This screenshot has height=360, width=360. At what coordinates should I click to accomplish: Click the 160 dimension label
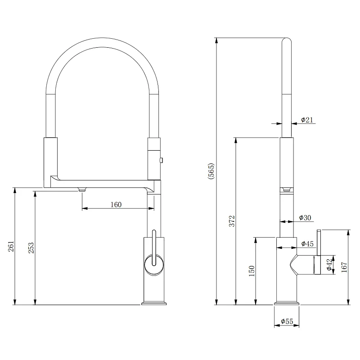pos(116,204)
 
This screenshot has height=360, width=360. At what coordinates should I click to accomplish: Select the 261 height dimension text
pos(11,246)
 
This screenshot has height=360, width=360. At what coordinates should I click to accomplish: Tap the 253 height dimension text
pos(31,248)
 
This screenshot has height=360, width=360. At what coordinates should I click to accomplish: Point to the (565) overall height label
pos(211,171)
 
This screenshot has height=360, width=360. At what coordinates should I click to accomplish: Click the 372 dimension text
pos(232,221)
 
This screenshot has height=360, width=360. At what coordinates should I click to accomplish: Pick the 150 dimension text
pos(252,271)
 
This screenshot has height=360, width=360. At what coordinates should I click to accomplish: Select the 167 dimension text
pos(344,267)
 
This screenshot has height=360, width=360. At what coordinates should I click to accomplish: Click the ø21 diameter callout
pos(307,120)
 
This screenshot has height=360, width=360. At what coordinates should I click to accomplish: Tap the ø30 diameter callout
pos(305,217)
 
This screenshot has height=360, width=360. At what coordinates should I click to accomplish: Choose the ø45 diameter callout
pos(307,243)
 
